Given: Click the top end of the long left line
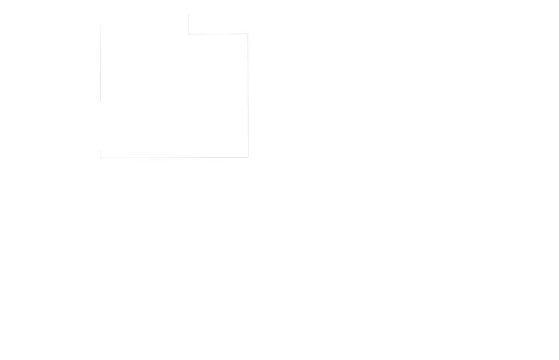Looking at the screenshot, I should click(x=100, y=25).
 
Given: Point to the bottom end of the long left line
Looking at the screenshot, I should click(x=100, y=101).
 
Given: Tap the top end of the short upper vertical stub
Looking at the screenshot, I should click(x=188, y=15).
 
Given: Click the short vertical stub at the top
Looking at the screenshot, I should click(x=188, y=24).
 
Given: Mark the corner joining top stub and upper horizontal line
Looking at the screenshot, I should click(x=188, y=34).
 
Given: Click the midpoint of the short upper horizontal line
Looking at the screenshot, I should click(x=218, y=34).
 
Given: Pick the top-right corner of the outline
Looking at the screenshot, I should click(x=248, y=34).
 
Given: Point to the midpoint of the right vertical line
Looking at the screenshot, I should click(x=248, y=96).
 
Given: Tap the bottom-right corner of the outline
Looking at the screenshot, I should click(x=248, y=157).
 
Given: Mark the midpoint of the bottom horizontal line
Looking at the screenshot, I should click(x=175, y=158).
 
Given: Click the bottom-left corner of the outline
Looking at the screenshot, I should click(x=101, y=158).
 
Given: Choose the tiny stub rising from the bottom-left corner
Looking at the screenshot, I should click(x=101, y=155).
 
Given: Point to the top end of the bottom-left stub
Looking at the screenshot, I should click(x=101, y=151).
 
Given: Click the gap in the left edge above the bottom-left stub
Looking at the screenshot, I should click(x=101, y=126).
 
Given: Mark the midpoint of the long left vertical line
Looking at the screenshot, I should click(x=100, y=63).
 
